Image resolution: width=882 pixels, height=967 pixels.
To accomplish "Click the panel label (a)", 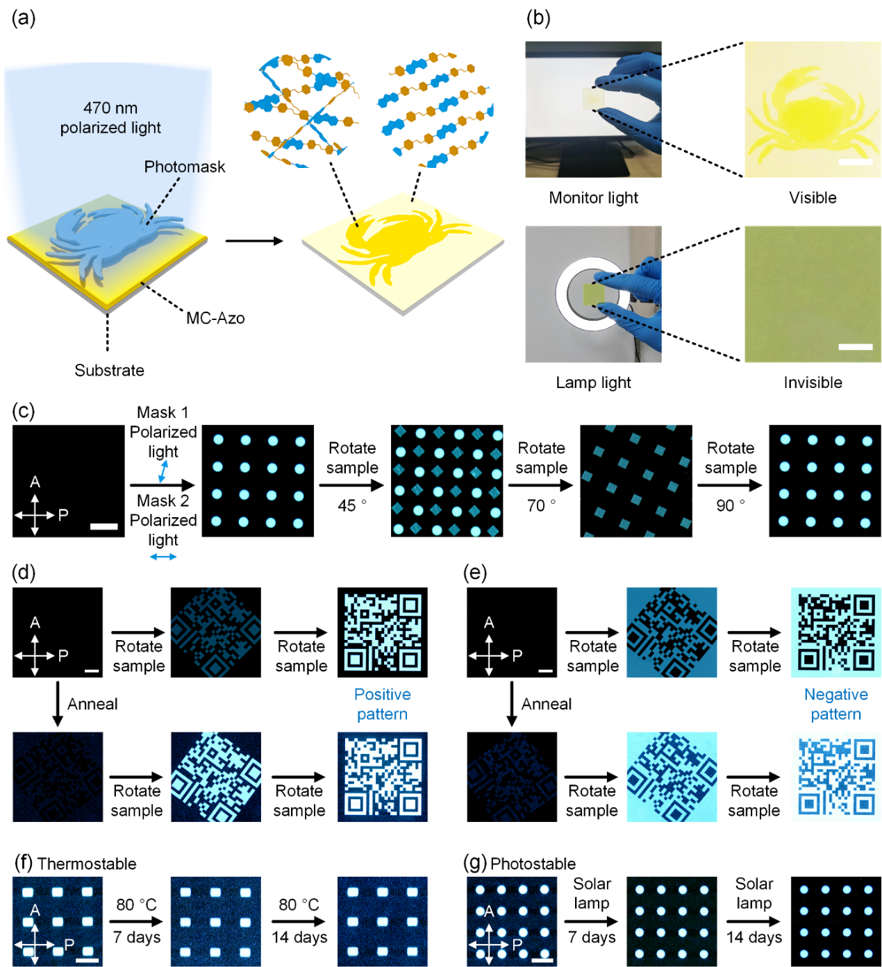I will (24, 19).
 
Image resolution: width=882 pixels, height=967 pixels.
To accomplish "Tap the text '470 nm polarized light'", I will (110, 118).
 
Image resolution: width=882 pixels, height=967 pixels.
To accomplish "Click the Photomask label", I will (185, 167).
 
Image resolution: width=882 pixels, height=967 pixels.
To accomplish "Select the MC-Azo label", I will (215, 318).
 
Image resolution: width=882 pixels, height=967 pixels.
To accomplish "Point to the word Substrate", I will (110, 370).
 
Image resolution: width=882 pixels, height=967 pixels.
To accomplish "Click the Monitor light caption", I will (593, 198).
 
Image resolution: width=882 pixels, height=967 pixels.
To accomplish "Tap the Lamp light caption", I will (593, 382).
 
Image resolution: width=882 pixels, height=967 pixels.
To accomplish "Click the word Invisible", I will (813, 382).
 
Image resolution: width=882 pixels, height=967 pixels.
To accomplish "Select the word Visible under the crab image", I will (813, 198).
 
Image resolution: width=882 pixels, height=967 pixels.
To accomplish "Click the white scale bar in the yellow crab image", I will (856, 162).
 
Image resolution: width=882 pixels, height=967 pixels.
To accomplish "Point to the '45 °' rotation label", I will (351, 505).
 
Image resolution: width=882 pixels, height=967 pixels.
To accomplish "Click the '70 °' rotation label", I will (541, 505).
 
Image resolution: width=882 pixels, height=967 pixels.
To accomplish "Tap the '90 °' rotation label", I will (730, 505).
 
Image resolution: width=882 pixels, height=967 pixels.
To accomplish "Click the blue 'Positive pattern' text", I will (382, 704).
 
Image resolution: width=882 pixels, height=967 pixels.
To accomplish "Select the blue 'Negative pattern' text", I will (835, 704).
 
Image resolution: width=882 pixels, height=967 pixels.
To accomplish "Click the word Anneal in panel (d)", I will (92, 704).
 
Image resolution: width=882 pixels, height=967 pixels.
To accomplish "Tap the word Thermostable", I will (87, 864).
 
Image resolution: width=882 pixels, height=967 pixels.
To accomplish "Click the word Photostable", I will (533, 864).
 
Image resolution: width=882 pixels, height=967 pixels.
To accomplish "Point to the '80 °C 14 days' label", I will (299, 920).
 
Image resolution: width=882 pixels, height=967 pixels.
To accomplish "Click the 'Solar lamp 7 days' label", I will (592, 910).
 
